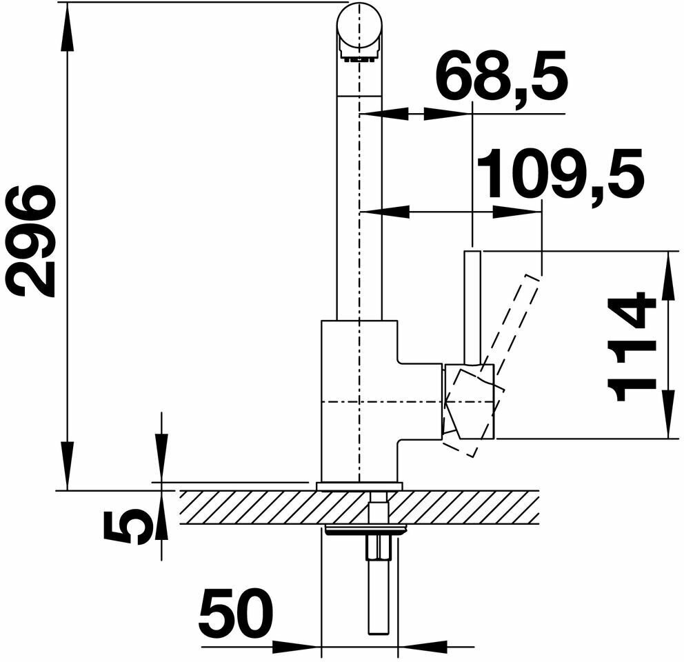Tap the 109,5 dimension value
pyautogui.click(x=560, y=174)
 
